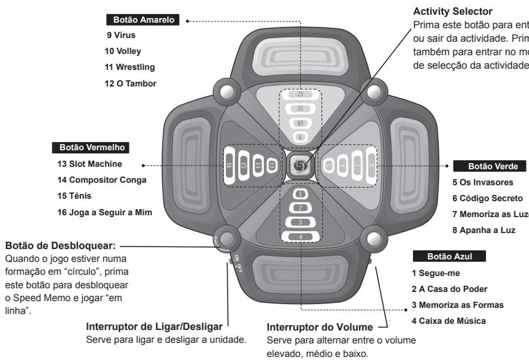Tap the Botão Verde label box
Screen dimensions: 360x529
pos(489,166)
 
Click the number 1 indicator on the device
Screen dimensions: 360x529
pos(301,194)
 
